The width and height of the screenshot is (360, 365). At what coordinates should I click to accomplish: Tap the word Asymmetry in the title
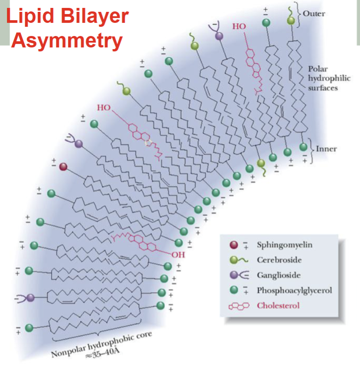pyautogui.click(x=67, y=40)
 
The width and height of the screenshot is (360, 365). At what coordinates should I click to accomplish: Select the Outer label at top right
pyautogui.click(x=314, y=13)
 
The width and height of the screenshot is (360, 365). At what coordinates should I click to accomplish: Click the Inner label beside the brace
pyautogui.click(x=326, y=149)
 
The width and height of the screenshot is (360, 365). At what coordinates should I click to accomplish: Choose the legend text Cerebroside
pyautogui.click(x=279, y=260)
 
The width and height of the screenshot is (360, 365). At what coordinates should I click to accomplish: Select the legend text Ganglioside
pyautogui.click(x=279, y=276)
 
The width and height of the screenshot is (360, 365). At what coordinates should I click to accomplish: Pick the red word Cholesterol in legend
pyautogui.click(x=278, y=305)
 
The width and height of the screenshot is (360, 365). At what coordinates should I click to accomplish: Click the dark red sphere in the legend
pyautogui.click(x=234, y=245)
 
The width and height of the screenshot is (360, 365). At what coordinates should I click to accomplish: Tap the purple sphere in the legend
pyautogui.click(x=234, y=276)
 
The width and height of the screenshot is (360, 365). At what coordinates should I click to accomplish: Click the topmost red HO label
pyautogui.click(x=239, y=26)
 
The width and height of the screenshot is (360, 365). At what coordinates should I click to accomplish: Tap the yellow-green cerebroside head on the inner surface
pyautogui.click(x=261, y=163)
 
